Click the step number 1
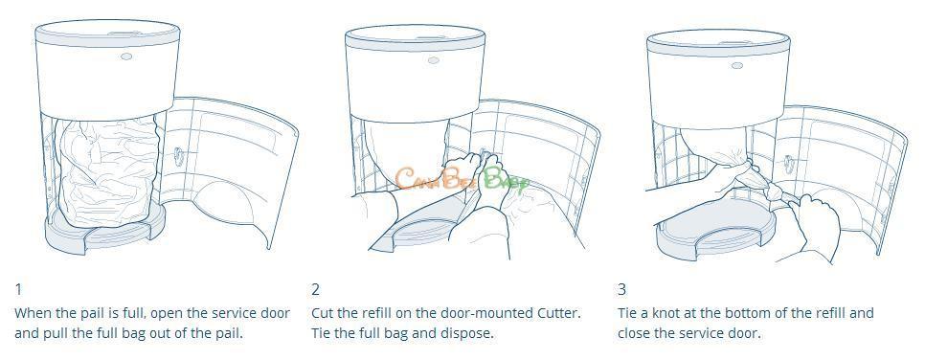coord(18,289)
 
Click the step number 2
coord(316,289)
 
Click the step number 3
coord(621,289)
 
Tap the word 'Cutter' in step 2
coord(558,313)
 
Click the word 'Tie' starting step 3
coord(628,313)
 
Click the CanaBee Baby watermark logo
coord(462,178)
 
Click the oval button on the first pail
coord(126,56)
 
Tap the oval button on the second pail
coord(434,60)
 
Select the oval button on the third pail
coord(736,65)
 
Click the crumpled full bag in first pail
coord(109,171)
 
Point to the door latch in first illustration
coord(177,158)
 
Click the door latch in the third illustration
coord(789,164)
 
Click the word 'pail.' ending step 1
coord(228,333)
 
